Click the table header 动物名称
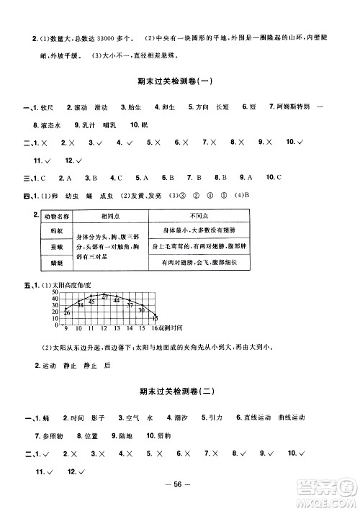55,216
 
